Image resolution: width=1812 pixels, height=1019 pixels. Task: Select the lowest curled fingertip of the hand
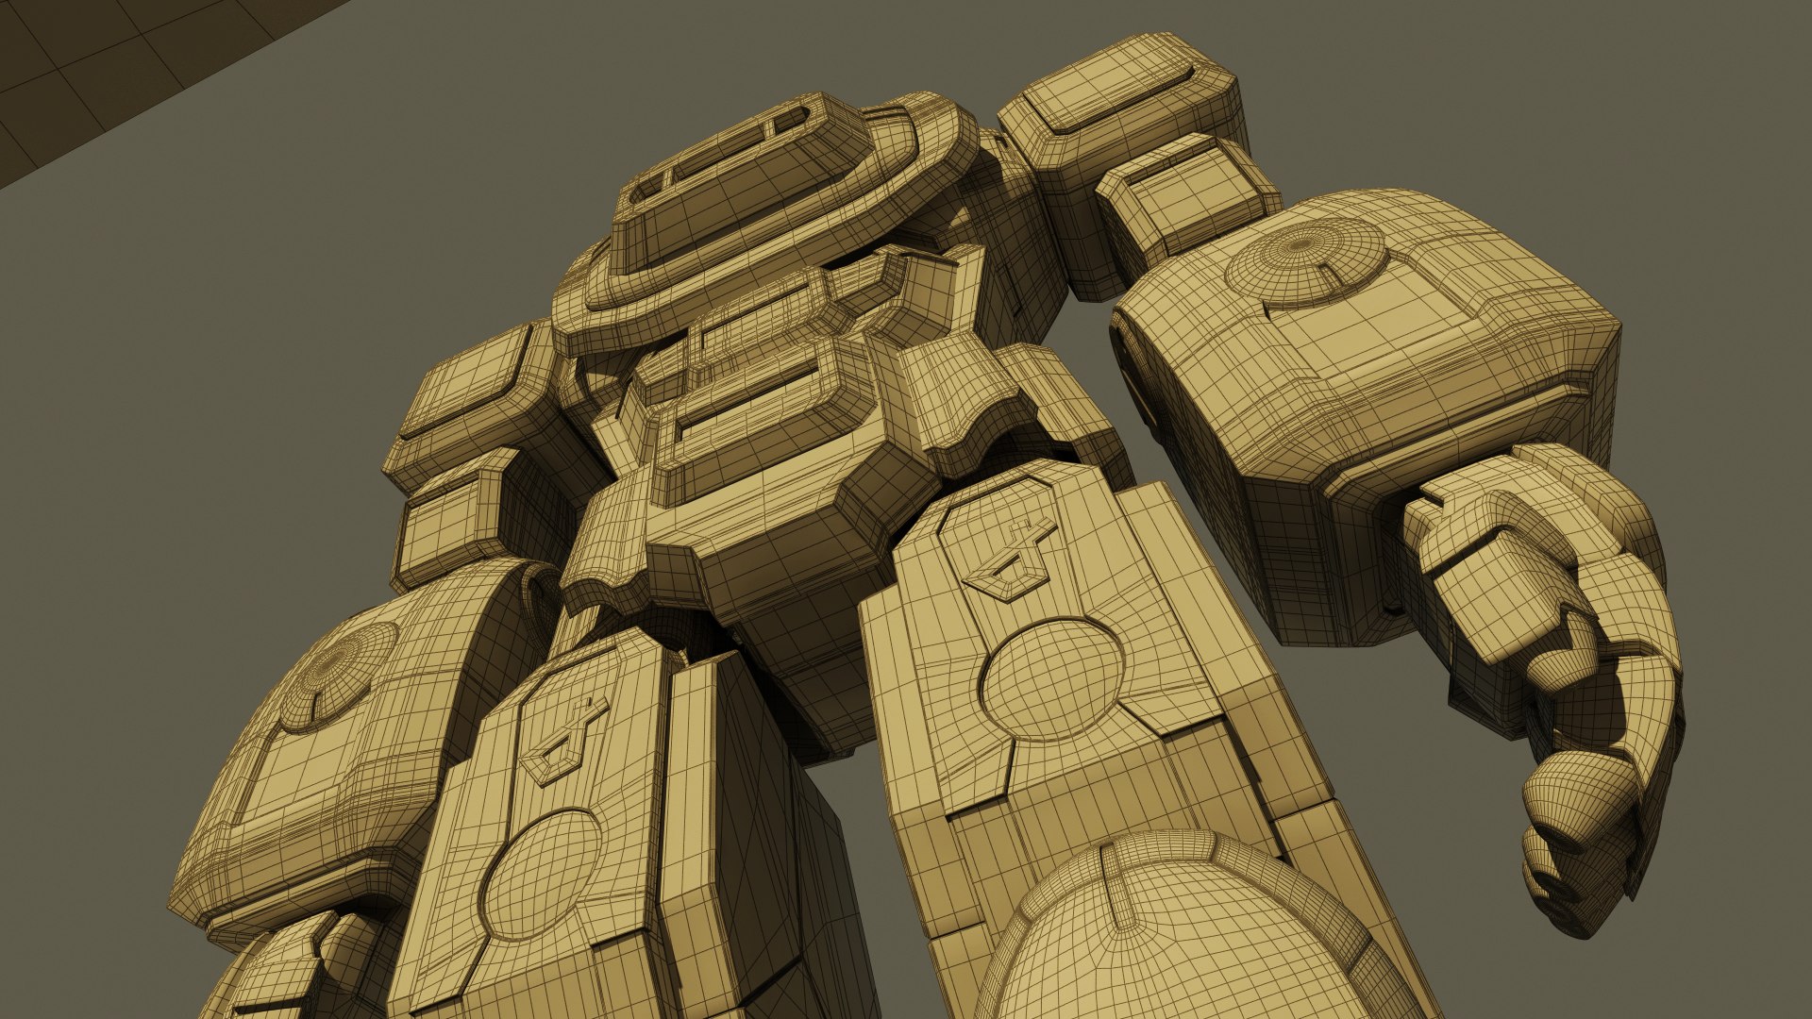coord(1557,877)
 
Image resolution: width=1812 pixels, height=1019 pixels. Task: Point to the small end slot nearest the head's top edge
coord(791,120)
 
